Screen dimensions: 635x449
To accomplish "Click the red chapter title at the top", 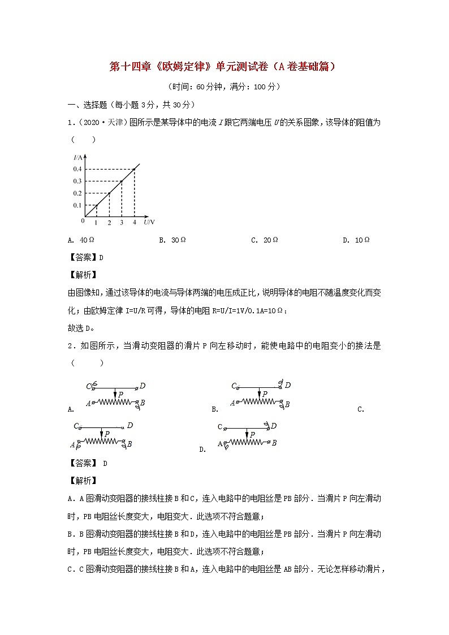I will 225,67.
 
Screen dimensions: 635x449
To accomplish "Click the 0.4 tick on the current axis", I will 77,169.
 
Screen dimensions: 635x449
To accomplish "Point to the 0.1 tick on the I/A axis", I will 77,205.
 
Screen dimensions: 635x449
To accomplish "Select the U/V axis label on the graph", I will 149,223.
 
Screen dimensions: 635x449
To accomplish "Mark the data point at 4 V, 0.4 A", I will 134,169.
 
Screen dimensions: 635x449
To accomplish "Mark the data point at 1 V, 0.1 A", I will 96,205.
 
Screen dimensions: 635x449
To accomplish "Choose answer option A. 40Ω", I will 81,240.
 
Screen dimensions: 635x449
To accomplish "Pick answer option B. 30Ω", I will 172,240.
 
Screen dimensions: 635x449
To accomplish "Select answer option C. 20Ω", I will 264,240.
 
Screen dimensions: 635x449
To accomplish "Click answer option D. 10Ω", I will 356,240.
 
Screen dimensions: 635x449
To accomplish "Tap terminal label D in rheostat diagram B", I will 288,385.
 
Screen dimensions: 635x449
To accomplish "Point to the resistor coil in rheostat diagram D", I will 248,443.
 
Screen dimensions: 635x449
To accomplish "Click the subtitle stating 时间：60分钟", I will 224,87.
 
